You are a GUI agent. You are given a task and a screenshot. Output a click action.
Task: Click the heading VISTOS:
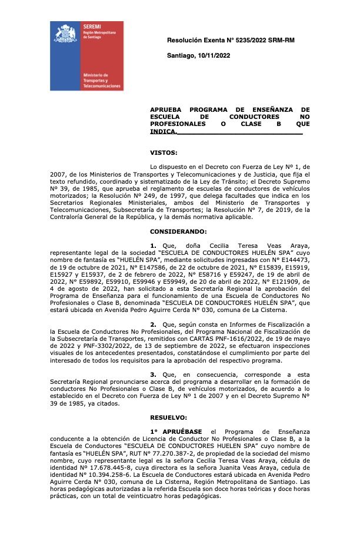pos(164,153)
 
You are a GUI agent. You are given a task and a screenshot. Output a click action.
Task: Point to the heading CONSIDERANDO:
pos(178,231)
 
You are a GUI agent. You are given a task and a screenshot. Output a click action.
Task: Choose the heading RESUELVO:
pos(169,417)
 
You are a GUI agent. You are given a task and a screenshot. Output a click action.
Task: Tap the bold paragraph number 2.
pos(153,324)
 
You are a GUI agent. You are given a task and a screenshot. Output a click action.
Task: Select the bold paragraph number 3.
pos(153,374)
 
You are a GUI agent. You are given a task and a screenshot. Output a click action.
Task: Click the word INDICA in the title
pos(162,132)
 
